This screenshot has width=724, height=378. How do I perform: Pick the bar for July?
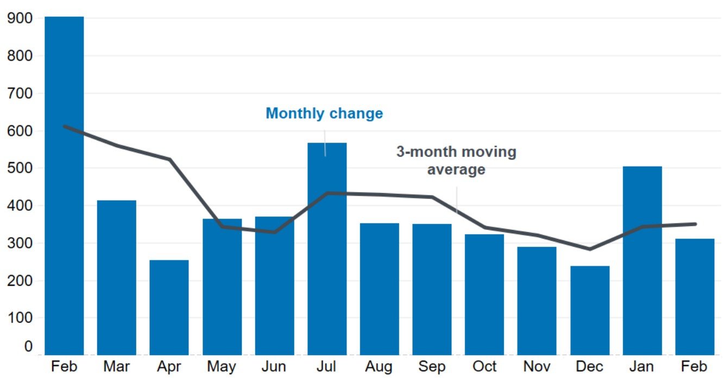pos(327,249)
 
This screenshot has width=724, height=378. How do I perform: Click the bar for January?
pos(643,260)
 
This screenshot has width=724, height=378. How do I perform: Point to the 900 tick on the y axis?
pos(20,18)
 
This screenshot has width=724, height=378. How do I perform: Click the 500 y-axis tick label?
pos(20,168)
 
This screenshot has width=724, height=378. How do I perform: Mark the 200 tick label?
pos(20,281)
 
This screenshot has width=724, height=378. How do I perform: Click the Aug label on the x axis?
pos(379,366)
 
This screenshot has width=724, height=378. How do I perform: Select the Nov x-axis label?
pos(537,366)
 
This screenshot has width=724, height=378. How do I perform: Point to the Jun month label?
pos(274,366)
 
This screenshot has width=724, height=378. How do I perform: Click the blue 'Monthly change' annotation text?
pos(324,113)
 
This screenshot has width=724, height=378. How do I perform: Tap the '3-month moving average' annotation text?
pos(456,160)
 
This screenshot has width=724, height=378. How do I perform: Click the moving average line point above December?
pos(590,249)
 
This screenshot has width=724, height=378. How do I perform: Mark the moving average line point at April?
pos(169,159)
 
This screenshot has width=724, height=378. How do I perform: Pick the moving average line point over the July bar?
pos(327,193)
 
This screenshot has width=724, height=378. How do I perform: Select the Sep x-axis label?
pos(432,366)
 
